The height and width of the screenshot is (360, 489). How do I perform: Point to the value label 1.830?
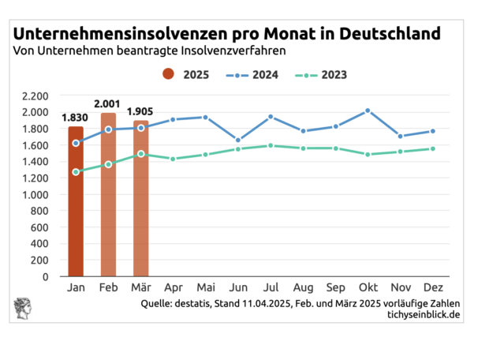pyautogui.click(x=76, y=118)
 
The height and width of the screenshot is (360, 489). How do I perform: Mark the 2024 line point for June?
pyautogui.click(x=238, y=140)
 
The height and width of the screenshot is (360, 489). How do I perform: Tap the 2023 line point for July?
pyautogui.click(x=270, y=145)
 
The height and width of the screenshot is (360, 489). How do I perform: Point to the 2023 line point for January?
pyautogui.click(x=76, y=171)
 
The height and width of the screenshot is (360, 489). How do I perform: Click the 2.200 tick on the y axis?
pyautogui.click(x=35, y=96)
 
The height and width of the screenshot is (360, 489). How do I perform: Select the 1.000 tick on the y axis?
pyautogui.click(x=35, y=194)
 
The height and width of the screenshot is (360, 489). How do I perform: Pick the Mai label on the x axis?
pyautogui.click(x=205, y=288)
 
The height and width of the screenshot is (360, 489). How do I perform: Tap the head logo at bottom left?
pyautogui.click(x=24, y=309)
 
